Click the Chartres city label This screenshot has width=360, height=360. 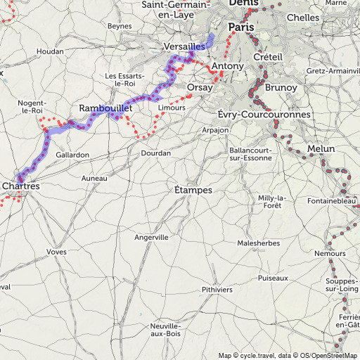(x=21, y=186)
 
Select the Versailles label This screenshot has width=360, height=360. (x=184, y=46)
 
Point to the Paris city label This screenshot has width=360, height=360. (x=241, y=27)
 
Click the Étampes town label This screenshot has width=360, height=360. (x=193, y=190)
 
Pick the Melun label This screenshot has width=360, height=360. (x=321, y=148)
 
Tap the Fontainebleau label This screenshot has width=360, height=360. (x=333, y=202)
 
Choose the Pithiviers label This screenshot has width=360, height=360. (x=216, y=289)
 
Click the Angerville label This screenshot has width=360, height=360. (x=151, y=238)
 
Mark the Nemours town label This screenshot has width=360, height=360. (x=330, y=252)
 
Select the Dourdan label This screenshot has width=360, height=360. (x=155, y=153)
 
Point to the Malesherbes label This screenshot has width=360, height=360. (x=258, y=243)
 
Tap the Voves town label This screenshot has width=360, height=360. (x=56, y=251)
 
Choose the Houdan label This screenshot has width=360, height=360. (x=50, y=52)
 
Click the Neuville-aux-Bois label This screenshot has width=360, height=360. (x=166, y=330)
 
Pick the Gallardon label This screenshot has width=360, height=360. (x=72, y=155)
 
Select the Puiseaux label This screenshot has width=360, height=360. (x=273, y=278)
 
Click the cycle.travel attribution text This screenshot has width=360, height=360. (x=256, y=355)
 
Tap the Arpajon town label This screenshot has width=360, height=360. (x=215, y=130)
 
